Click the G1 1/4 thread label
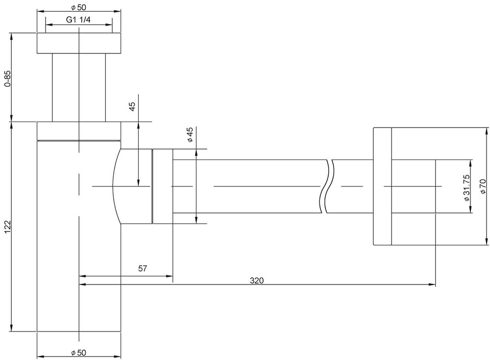click(78, 20)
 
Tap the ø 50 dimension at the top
click(78, 7)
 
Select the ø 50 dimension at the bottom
click(78, 353)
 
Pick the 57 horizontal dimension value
click(142, 268)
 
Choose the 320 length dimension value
click(257, 281)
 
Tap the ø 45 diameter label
click(190, 135)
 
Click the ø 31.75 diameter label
click(466, 188)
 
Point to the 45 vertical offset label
click(132, 106)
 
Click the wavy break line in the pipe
click(327, 186)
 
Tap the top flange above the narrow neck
click(79, 43)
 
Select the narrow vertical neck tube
click(79, 88)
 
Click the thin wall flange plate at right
click(382, 186)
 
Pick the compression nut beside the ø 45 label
click(163, 186)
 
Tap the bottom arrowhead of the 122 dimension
click(12, 328)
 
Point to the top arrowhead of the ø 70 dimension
click(487, 131)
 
